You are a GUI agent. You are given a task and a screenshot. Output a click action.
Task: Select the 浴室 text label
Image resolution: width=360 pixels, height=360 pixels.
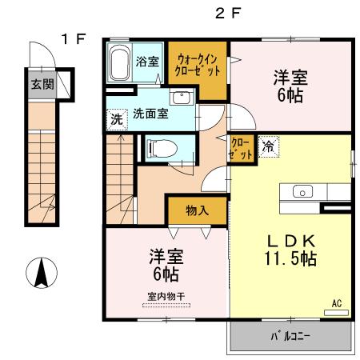click(147, 61)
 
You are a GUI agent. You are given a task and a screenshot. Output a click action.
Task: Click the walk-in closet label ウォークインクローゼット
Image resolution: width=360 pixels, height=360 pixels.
click(200, 65)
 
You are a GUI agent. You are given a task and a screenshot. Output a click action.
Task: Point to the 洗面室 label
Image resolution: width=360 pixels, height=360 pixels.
click(150, 114)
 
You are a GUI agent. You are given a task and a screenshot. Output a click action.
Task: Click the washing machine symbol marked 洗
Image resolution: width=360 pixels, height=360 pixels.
click(116, 118)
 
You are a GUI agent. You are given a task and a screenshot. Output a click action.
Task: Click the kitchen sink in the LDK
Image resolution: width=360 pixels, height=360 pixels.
click(303, 190)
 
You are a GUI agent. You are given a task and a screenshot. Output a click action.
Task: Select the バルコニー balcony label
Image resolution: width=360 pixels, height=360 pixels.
click(290, 335)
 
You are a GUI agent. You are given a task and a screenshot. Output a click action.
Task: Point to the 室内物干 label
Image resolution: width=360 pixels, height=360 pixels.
click(166, 296)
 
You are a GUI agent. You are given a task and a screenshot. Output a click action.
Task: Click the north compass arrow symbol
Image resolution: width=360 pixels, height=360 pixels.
click(39, 274)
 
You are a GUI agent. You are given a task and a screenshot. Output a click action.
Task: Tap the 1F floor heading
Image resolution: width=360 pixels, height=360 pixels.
click(74, 38)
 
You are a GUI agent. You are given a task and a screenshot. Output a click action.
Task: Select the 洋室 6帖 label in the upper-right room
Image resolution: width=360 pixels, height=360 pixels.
click(290, 85)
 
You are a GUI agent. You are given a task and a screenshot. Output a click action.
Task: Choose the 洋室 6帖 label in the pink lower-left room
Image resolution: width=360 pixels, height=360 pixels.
click(166, 265)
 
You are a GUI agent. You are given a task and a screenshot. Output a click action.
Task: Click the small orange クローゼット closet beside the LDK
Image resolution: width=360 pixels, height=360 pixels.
click(241, 149)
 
